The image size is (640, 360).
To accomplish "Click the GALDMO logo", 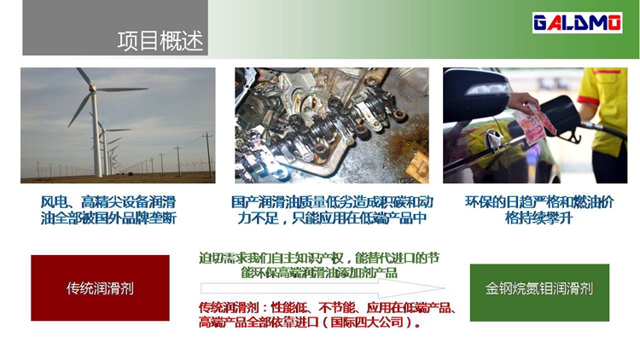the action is click(577, 22).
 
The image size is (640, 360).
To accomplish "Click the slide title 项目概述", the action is click(160, 41).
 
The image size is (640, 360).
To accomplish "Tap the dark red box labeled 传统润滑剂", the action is click(100, 287).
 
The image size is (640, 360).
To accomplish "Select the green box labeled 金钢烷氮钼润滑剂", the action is click(539, 293).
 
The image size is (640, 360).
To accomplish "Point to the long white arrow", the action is click(323, 288).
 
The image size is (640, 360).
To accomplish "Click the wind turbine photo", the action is click(118, 125).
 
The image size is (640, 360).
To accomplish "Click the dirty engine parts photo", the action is click(332, 125).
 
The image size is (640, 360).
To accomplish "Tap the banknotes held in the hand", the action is click(534, 123).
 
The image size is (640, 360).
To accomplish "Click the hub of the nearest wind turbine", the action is click(93, 88).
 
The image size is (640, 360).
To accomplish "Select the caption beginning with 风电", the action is click(108, 210).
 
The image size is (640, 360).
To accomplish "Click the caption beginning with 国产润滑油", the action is click(332, 210).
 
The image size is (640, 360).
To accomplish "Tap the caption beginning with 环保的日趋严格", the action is click(539, 210).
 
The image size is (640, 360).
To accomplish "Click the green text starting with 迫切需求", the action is click(319, 265).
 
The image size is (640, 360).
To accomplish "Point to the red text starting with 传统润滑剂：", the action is click(328, 314).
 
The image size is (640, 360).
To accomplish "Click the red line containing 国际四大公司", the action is click(311, 322).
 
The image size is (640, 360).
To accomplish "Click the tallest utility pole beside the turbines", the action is click(208, 154).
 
